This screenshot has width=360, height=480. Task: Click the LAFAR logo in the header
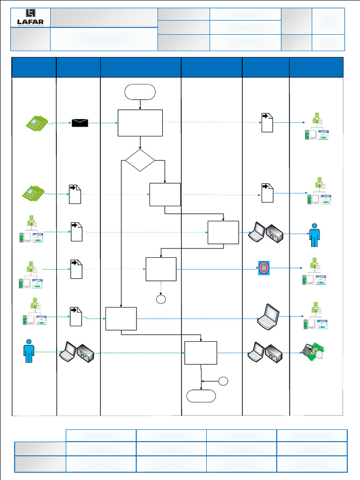coord(30,18)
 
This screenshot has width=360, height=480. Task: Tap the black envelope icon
coord(80,123)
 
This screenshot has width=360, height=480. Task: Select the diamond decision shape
coord(140,160)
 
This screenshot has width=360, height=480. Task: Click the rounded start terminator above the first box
coord(140,92)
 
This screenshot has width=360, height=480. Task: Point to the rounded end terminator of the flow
coord(201,396)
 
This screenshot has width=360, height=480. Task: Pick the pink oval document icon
coord(264,268)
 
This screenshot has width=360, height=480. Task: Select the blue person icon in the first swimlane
coord(29,350)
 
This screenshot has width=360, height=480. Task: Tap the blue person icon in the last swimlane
coord(314,234)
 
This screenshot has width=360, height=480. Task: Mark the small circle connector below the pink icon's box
coord(161,299)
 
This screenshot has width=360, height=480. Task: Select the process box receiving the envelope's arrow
coord(140,123)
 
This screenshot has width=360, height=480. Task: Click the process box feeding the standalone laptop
coord(121,319)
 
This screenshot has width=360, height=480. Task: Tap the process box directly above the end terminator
coord(201,352)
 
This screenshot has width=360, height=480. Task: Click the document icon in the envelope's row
coord(267,122)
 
